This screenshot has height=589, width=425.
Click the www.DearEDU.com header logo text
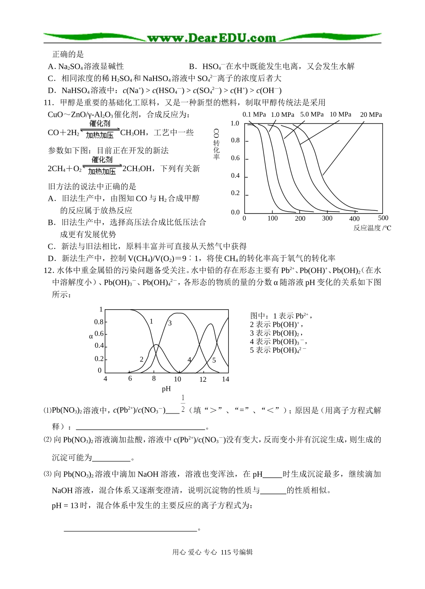point(212,38)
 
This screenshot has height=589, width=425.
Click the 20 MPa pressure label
point(371,115)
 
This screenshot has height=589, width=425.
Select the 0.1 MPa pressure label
point(254,114)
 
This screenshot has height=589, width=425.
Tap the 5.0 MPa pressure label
point(312,114)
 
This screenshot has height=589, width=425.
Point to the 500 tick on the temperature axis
point(383,218)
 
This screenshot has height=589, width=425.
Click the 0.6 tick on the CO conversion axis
point(235,158)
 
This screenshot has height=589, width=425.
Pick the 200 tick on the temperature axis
point(300,218)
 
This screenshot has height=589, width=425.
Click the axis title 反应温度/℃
point(372,228)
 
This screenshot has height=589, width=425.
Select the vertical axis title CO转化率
point(217,145)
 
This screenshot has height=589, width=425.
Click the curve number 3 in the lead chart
point(170,323)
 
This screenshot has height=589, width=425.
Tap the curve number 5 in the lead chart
point(214,360)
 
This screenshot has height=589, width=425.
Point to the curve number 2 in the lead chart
point(142,359)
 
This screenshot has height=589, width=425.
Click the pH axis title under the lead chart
point(166,388)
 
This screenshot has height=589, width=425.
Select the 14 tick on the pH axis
point(225,379)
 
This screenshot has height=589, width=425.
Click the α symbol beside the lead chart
point(91,336)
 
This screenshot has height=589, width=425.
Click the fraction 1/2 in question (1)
point(183,404)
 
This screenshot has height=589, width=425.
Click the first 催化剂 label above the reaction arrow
point(100,123)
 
